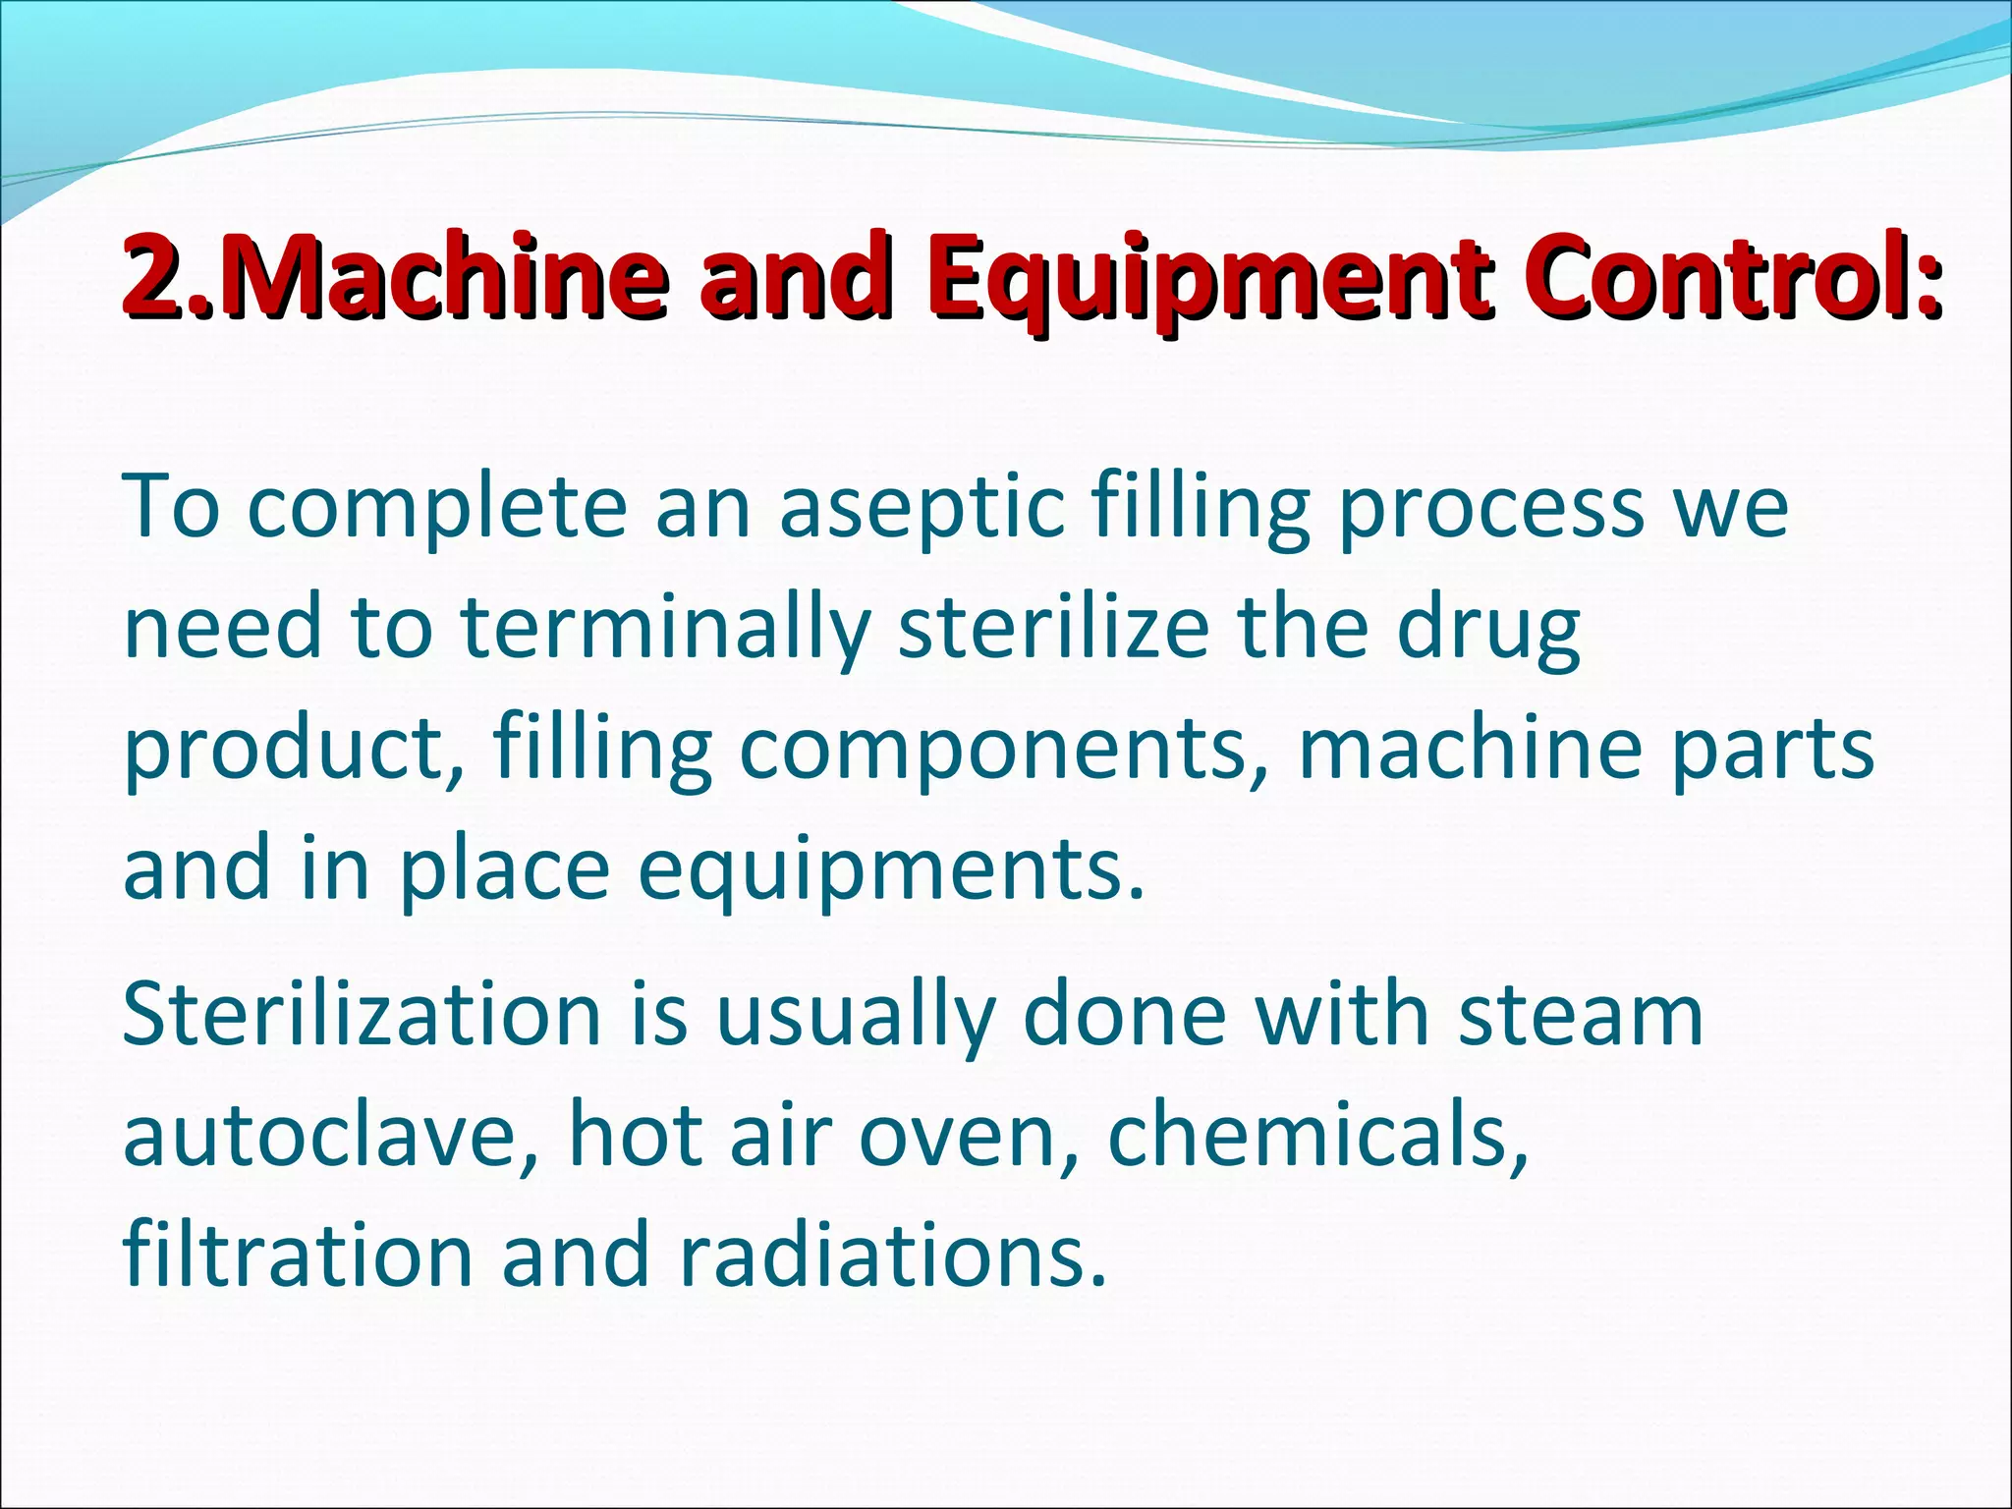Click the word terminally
666,631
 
